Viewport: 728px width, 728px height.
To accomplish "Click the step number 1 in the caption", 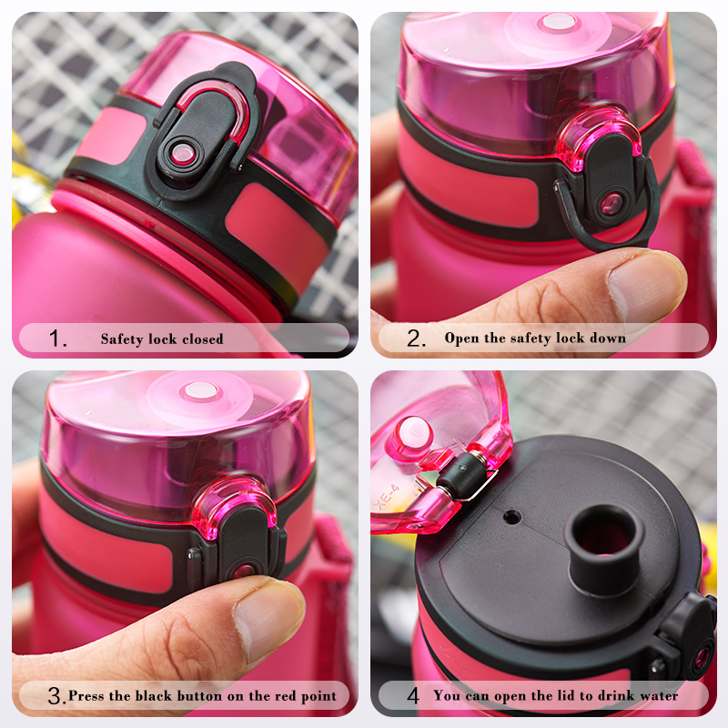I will (x=57, y=339).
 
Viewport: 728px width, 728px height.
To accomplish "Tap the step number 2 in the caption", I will (x=415, y=339).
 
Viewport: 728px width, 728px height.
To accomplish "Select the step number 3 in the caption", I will (x=56, y=697).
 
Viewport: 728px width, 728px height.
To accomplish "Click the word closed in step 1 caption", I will (x=201, y=339).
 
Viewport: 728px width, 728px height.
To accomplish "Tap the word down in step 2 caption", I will (x=609, y=339).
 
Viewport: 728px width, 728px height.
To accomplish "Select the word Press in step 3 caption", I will (x=87, y=696).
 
